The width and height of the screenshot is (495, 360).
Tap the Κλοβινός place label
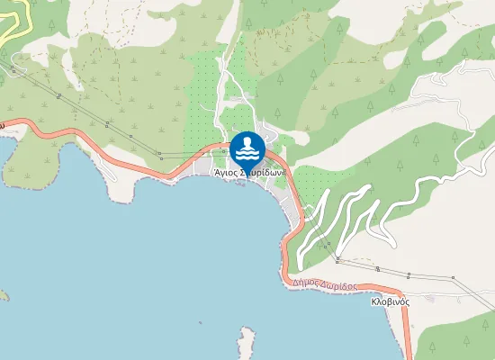tap(390, 301)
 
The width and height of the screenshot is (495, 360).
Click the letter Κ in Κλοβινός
tap(373, 301)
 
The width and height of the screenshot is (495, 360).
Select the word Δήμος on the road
tap(305, 283)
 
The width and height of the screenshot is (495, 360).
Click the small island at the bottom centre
tap(247, 343)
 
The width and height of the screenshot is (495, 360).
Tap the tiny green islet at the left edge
tap(3, 294)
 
